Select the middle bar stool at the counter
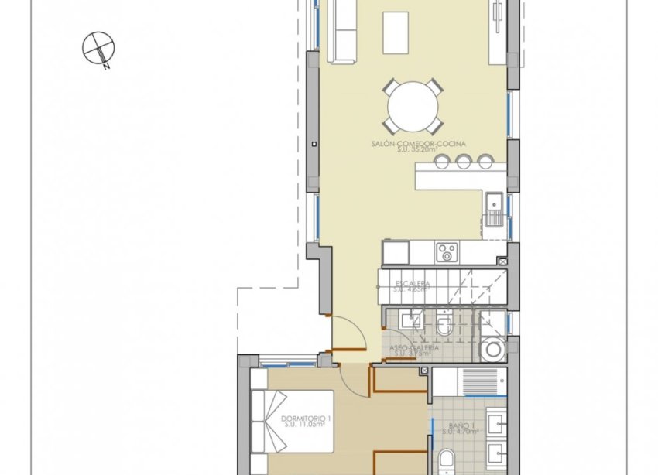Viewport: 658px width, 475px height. [x=464, y=161]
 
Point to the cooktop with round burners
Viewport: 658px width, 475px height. [x=447, y=251]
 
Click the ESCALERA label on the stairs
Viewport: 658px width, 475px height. [x=412, y=285]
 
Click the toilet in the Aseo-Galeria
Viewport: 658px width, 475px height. [x=444, y=326]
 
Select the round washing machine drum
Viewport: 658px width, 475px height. [x=491, y=350]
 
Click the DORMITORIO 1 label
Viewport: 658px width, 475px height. [x=307, y=419]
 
